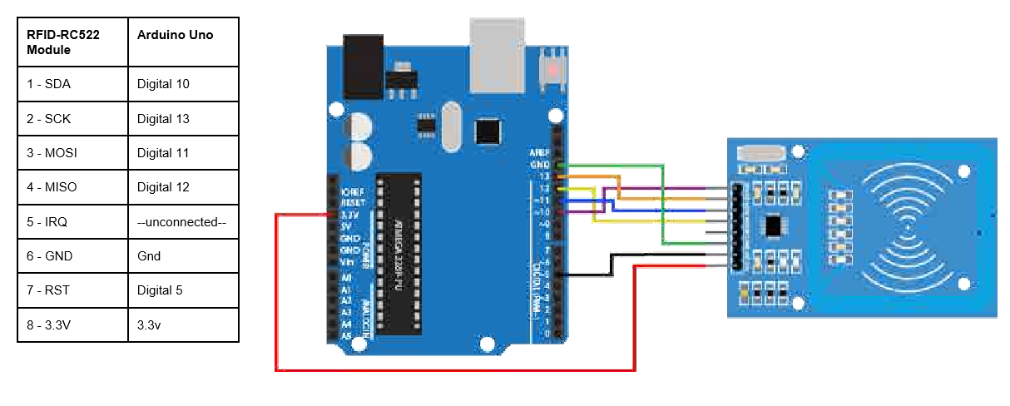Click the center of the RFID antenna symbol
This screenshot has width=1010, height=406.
coord(906,223)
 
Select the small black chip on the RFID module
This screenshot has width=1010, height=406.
coord(774,225)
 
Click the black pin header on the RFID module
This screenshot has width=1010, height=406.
coord(736,225)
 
